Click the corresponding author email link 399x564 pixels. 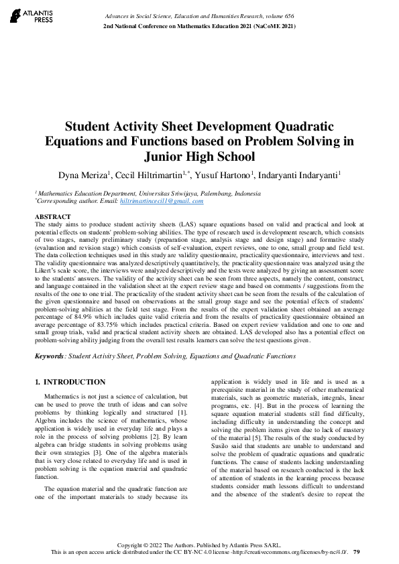pyautogui.click(x=161, y=201)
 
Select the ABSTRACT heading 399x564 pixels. pyautogui.click(x=52, y=217)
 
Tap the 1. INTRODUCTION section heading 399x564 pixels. pyautogui.click(x=70, y=382)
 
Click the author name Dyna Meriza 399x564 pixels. pyautogui.click(x=83, y=175)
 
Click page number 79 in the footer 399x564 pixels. pyautogui.click(x=357, y=551)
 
